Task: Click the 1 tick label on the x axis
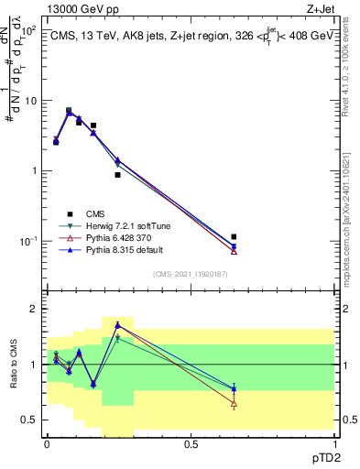pyautogui.click(x=334, y=442)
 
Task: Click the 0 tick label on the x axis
pyautogui.click(x=47, y=442)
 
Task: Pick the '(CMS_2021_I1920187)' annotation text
pyautogui.click(x=190, y=274)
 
